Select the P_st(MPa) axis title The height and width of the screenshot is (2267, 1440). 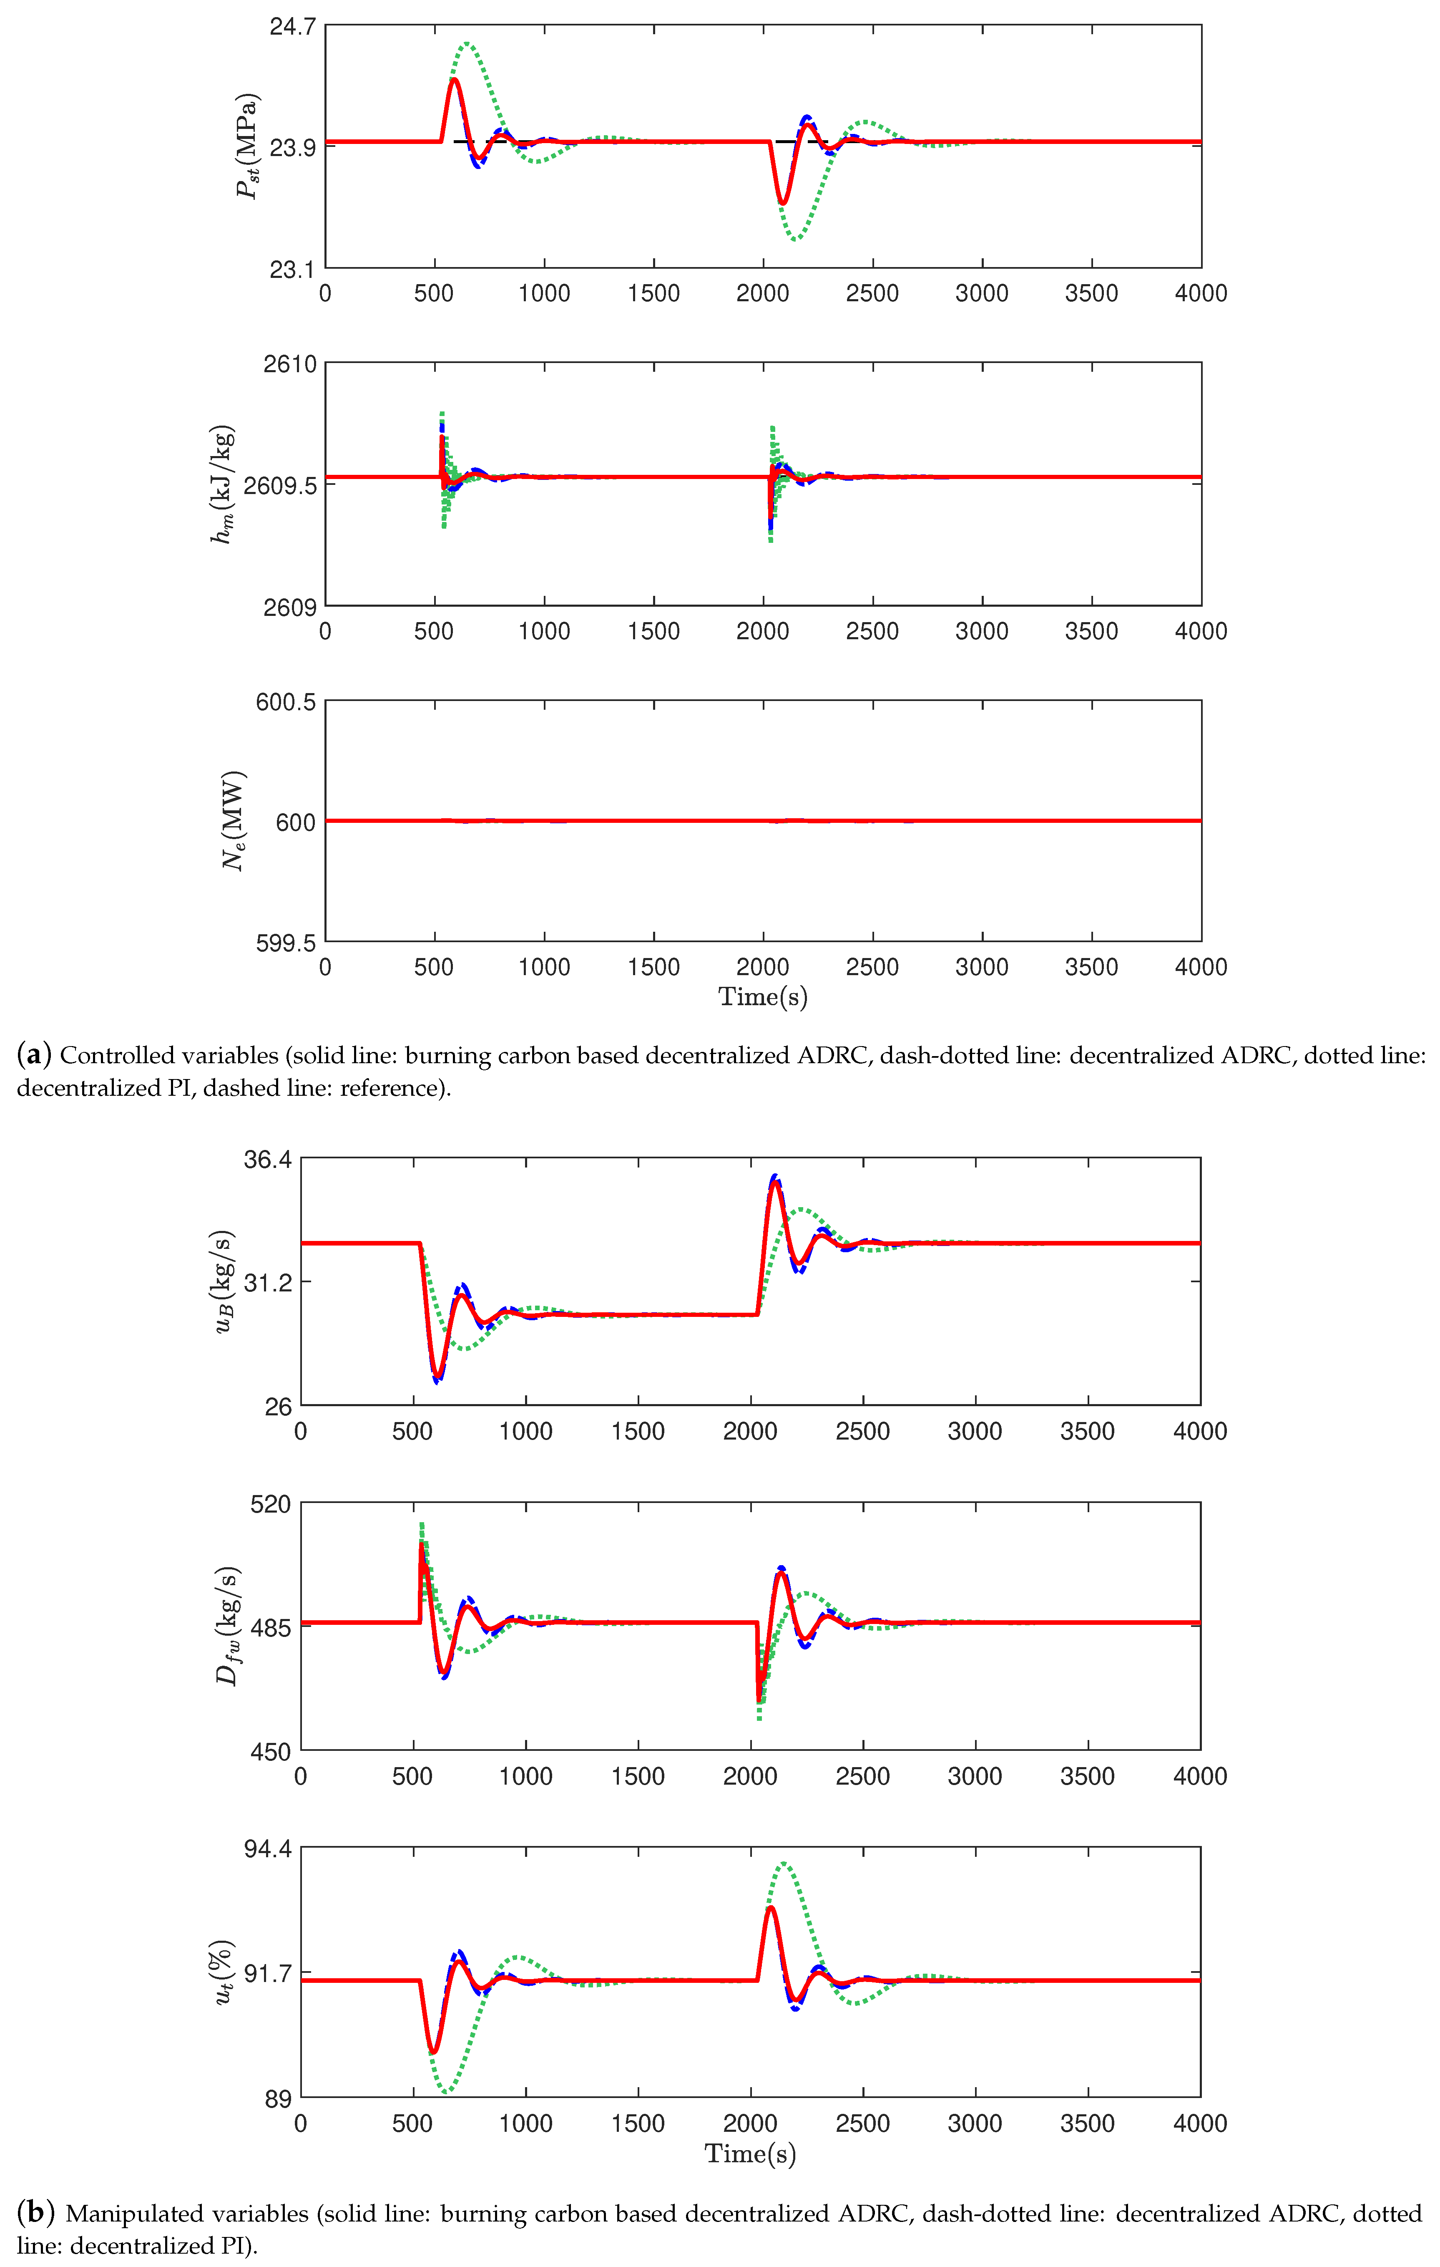pos(246,146)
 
